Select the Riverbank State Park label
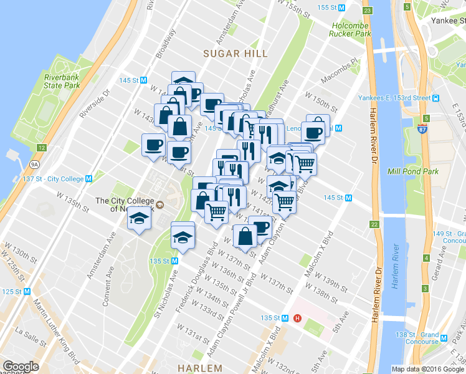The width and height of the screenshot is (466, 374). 62,81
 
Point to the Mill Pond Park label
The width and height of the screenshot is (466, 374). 426,170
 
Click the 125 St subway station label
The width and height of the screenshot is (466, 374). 16,292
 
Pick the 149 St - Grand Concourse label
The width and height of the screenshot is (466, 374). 447,237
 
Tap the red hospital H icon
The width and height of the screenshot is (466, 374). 297,318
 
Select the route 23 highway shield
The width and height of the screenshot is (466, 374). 368,11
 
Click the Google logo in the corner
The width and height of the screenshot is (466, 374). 21,367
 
